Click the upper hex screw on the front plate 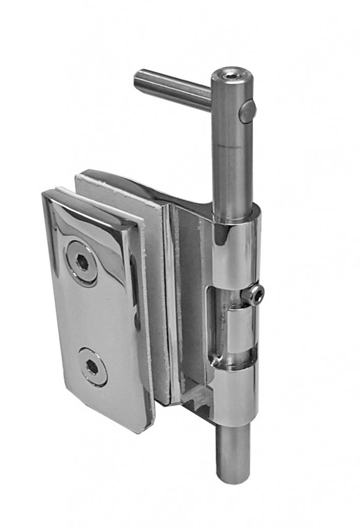point(82,262)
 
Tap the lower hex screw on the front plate point(93,367)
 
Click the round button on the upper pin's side point(247,112)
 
